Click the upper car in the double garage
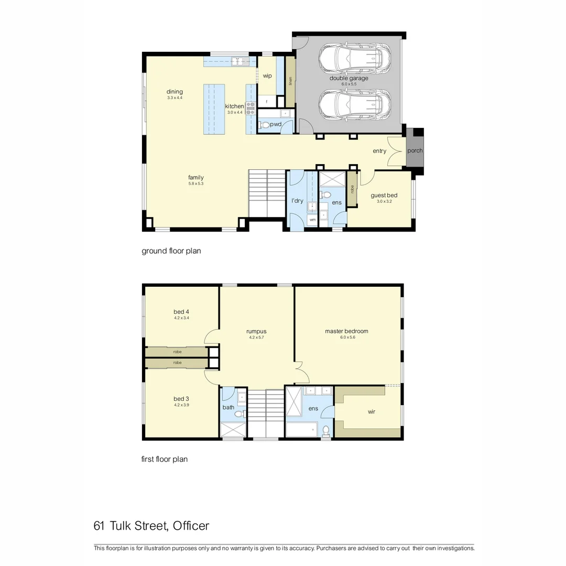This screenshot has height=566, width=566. [355, 57]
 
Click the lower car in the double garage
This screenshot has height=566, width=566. [355, 104]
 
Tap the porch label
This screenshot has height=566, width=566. [415, 151]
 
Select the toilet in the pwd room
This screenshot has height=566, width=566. [266, 125]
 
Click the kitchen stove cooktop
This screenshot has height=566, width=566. [251, 108]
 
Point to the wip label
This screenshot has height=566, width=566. [267, 76]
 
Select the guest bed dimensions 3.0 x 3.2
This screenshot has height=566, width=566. [384, 201]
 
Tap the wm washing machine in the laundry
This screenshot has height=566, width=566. [312, 220]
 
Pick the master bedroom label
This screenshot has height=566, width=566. [346, 331]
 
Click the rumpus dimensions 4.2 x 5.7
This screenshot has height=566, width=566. [256, 338]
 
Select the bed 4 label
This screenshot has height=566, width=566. [181, 312]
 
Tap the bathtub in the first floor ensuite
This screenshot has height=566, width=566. [301, 430]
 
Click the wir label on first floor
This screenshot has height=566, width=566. [372, 412]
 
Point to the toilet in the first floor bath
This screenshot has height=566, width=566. [239, 414]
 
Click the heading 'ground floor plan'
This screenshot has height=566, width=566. [171, 251]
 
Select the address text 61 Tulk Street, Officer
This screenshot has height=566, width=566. [151, 526]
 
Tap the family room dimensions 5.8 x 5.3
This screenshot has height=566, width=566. [196, 184]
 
